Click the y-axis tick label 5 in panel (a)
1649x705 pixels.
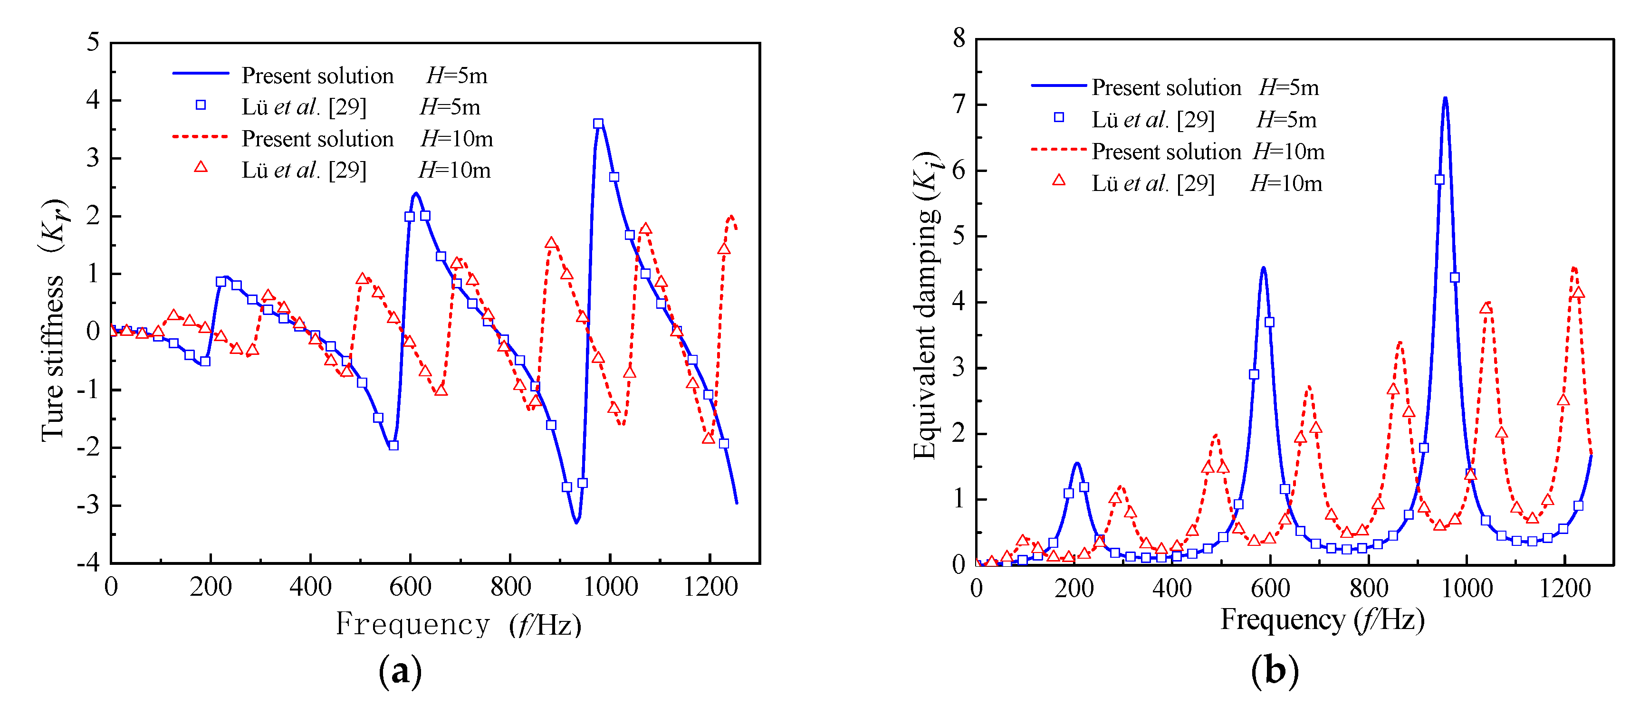[x=94, y=42]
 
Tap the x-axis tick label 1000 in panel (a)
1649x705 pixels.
[x=610, y=587]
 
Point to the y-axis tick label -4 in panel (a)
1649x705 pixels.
[x=88, y=563]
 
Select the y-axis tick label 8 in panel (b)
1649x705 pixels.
[x=959, y=38]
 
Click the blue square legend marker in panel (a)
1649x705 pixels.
[x=201, y=105]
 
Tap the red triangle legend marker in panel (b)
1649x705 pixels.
[x=1059, y=181]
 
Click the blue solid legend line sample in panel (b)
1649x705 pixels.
[x=1059, y=85]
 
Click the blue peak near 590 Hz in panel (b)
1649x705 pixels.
[x=1263, y=269]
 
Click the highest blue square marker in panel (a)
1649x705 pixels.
[x=598, y=124]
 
